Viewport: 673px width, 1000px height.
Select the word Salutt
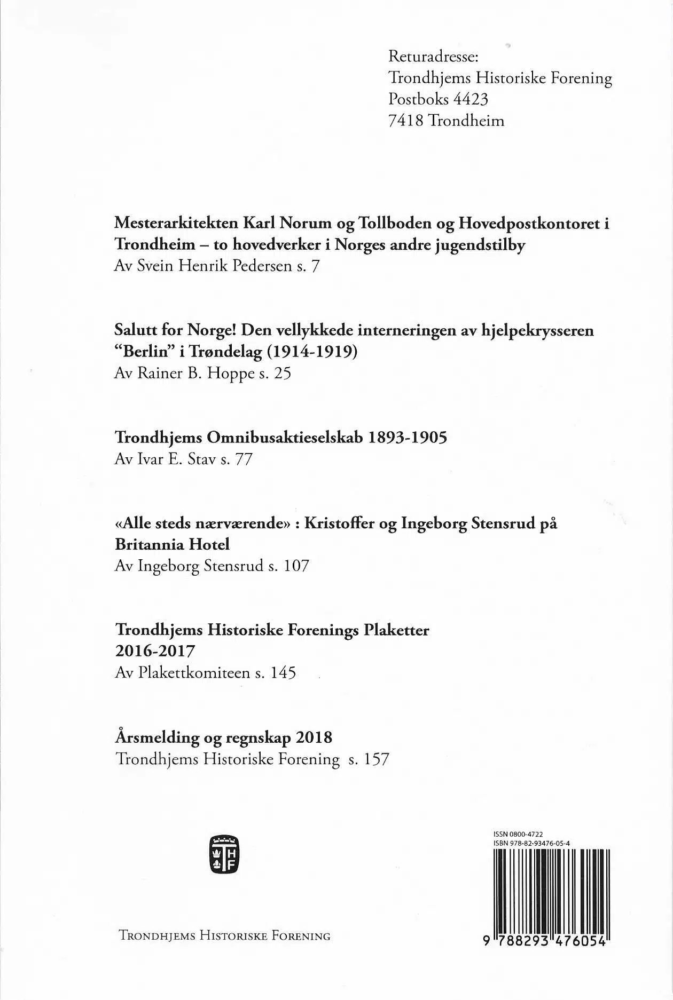[136, 330]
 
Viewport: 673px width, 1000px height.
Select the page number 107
[296, 566]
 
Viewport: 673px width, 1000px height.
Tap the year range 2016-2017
[155, 652]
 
